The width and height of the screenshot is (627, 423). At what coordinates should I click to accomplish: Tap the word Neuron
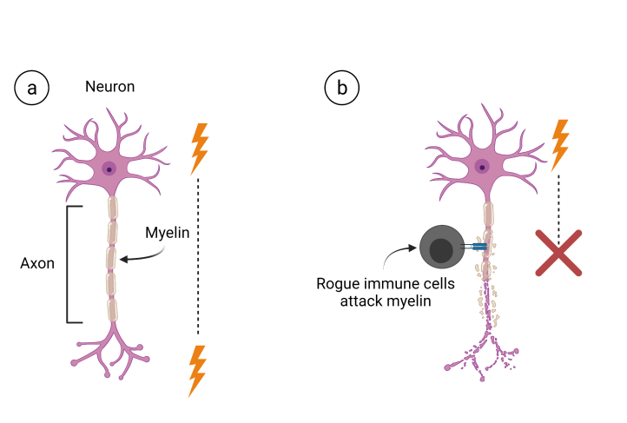[109, 87]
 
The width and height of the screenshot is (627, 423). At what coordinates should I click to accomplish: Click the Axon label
[38, 263]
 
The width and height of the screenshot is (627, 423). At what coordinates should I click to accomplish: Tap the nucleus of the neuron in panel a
[109, 169]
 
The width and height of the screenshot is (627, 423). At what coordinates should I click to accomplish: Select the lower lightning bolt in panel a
[199, 371]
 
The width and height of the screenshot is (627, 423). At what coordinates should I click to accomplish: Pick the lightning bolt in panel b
[561, 144]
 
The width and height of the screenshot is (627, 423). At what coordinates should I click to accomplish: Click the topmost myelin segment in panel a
[110, 208]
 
